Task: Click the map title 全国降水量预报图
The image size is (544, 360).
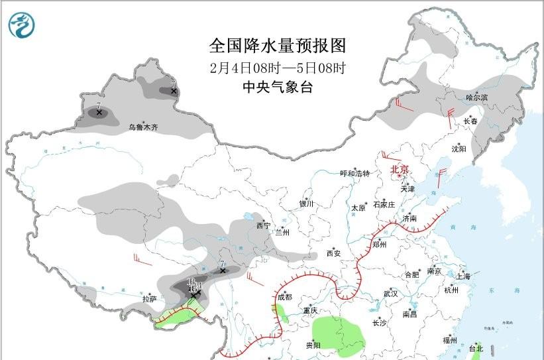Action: click(278, 46)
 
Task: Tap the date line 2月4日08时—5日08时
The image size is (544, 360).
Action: click(278, 68)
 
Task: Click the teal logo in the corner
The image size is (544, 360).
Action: click(23, 25)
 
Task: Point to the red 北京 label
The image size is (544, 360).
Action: click(400, 169)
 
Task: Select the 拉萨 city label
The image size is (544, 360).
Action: click(149, 299)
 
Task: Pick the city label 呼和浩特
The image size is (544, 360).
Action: click(354, 174)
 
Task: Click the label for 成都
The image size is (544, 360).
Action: click(284, 298)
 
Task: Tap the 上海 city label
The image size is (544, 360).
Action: click(463, 276)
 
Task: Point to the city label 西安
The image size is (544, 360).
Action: click(333, 253)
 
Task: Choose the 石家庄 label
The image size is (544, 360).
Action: click(384, 204)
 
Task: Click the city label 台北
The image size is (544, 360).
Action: click(476, 347)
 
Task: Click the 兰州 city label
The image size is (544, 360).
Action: click(283, 233)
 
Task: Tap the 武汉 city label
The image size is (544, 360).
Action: click(390, 294)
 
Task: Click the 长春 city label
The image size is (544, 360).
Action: click(470, 121)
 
